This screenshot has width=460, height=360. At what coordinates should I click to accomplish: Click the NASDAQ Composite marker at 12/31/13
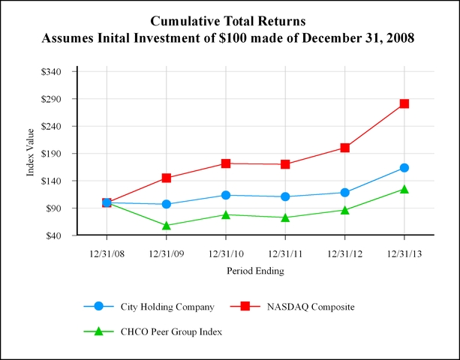click(x=404, y=103)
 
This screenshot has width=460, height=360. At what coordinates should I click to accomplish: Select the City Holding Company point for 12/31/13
click(x=404, y=168)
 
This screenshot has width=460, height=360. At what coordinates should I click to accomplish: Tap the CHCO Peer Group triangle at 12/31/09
click(x=166, y=225)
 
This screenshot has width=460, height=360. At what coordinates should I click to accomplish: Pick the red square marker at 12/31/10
click(x=226, y=163)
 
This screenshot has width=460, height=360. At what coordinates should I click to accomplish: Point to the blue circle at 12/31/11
click(x=285, y=196)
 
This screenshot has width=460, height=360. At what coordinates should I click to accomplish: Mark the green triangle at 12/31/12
click(x=344, y=210)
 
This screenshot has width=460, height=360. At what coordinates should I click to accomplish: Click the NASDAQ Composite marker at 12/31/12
click(x=344, y=148)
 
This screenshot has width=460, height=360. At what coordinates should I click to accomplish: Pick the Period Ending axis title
click(x=255, y=271)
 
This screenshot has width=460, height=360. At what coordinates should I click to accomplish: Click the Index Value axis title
click(x=32, y=154)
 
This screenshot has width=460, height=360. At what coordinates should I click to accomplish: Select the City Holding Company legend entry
click(x=167, y=306)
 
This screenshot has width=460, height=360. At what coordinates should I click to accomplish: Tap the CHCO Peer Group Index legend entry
click(x=171, y=331)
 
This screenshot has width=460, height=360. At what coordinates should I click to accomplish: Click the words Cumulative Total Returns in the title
click(x=230, y=20)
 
